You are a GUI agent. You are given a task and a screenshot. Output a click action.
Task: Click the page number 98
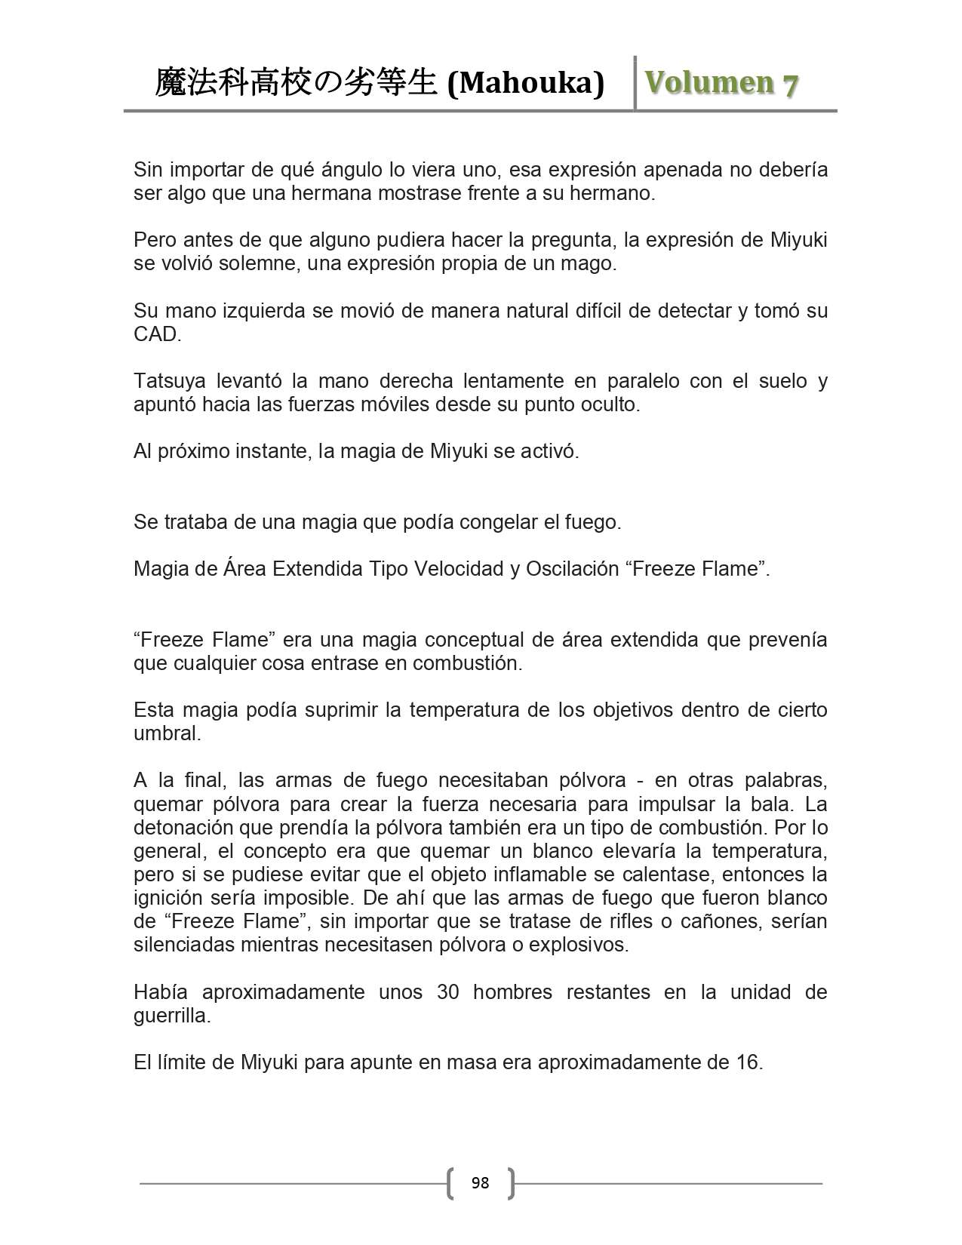(480, 1183)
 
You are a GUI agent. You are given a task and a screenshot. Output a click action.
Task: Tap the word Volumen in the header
(708, 83)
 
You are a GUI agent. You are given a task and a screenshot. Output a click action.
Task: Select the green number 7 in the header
(790, 85)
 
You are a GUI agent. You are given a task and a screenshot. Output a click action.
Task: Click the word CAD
(155, 334)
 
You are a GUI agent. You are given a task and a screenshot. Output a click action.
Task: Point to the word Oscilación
(570, 569)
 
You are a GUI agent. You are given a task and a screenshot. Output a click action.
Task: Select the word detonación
(182, 828)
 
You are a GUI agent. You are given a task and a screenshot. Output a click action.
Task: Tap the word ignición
(168, 898)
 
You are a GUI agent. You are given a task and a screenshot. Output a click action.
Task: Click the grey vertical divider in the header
(635, 83)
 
